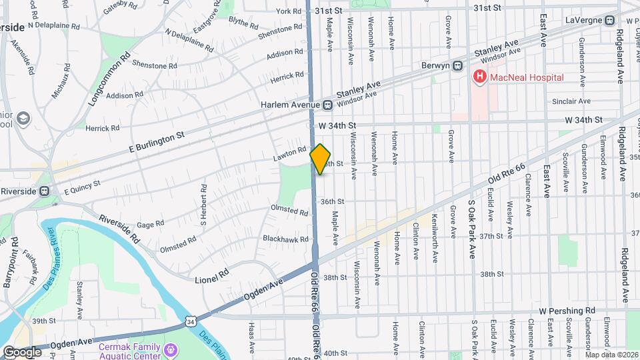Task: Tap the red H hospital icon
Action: pyautogui.click(x=479, y=77)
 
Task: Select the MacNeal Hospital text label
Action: pyautogui.click(x=526, y=77)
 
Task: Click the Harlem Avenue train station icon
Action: pyautogui.click(x=328, y=105)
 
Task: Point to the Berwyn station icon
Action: pyautogui.click(x=458, y=66)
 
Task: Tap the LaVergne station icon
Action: pyautogui.click(x=609, y=20)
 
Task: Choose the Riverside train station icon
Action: pyautogui.click(x=44, y=191)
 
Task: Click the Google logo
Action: pyautogui.click(x=22, y=351)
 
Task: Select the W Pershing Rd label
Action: pyautogui.click(x=567, y=311)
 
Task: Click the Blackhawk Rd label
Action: pyautogui.click(x=285, y=239)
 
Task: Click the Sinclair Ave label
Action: pyautogui.click(x=571, y=101)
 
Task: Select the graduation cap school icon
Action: pyautogui.click(x=25, y=119)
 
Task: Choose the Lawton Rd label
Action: pyautogui.click(x=289, y=153)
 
